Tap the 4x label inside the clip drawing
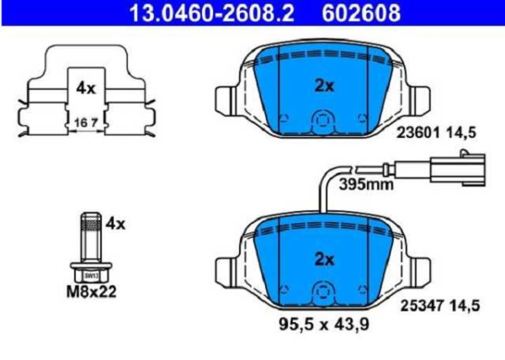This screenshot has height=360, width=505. point(84,87)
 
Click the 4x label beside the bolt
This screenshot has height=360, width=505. point(115,224)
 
